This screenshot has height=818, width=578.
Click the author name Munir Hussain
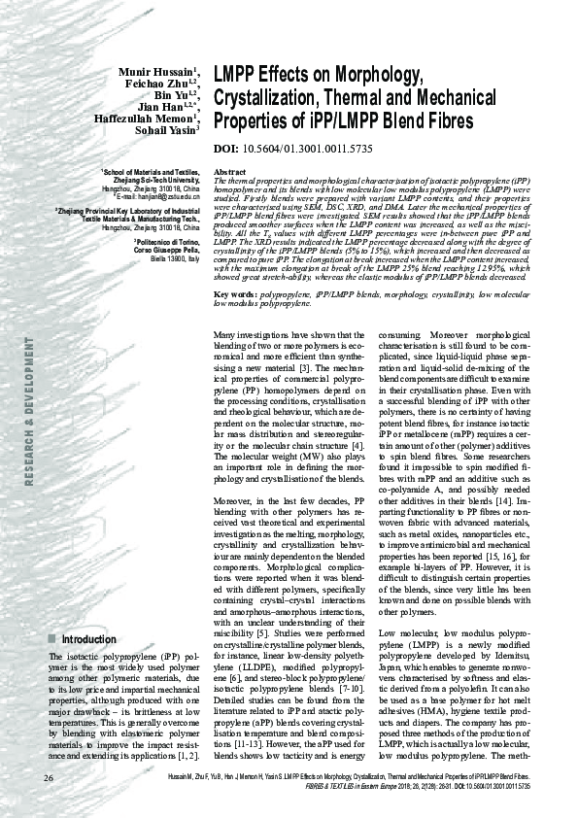point(154,73)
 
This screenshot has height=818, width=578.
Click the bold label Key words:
point(235,266)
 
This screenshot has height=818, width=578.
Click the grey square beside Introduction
point(51,640)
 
